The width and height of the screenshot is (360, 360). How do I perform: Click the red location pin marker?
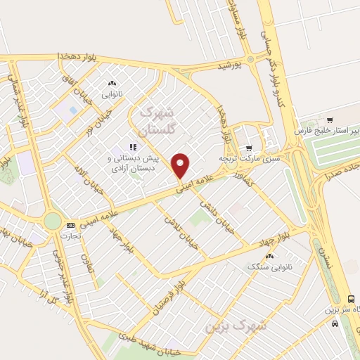point(181,166)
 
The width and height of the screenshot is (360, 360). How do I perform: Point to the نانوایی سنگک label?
point(264,267)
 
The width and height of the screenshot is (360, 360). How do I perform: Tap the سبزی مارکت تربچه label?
point(247,160)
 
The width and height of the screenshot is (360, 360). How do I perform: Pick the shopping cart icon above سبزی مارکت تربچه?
point(248,148)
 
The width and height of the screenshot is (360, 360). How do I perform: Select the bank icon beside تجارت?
point(70,226)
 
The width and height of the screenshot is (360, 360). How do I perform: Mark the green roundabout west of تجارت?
point(52,221)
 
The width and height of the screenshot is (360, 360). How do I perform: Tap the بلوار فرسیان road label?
point(169,295)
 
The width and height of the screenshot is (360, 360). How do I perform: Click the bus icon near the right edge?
point(335,324)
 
